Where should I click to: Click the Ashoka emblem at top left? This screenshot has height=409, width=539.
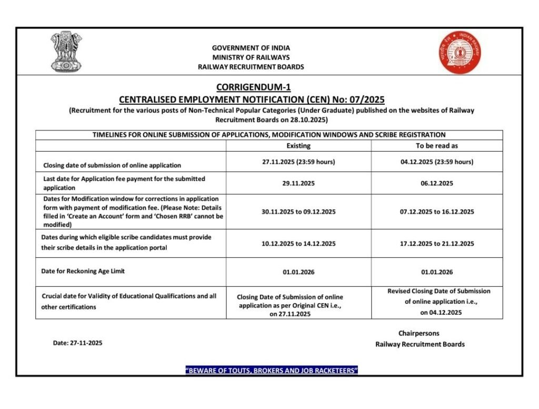tap(66, 52)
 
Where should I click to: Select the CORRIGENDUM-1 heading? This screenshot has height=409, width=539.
tap(253, 87)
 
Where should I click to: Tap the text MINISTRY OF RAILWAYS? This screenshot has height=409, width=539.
tap(251, 57)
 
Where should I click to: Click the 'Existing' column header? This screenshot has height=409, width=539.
tap(298, 146)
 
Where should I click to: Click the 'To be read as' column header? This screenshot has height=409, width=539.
tap(437, 146)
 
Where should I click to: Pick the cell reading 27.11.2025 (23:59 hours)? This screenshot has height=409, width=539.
tap(298, 162)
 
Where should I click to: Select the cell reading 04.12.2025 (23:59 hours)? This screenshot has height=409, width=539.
tap(437, 162)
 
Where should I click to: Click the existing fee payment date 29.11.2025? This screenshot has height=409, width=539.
tap(298, 184)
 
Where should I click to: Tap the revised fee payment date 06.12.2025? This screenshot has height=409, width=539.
tap(437, 184)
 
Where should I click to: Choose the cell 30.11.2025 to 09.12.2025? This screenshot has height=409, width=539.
tap(298, 212)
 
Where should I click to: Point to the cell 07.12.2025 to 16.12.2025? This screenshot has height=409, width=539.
tap(437, 212)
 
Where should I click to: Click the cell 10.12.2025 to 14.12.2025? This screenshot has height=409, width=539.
tap(298, 244)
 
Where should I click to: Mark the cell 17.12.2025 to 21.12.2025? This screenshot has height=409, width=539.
tap(437, 244)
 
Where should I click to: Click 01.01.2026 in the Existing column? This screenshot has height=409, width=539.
tap(298, 273)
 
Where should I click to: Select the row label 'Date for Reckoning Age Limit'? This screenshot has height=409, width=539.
tap(83, 271)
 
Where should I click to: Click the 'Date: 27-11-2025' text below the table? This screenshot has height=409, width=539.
tap(78, 343)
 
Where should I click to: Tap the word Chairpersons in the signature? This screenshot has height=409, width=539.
tap(419, 333)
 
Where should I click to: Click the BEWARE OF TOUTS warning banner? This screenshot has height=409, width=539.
tap(272, 371)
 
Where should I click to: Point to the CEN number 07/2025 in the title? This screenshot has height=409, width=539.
tap(367, 99)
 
